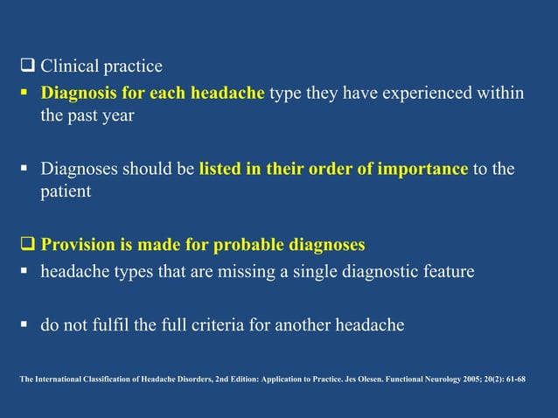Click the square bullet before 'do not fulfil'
tap(24, 326)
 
